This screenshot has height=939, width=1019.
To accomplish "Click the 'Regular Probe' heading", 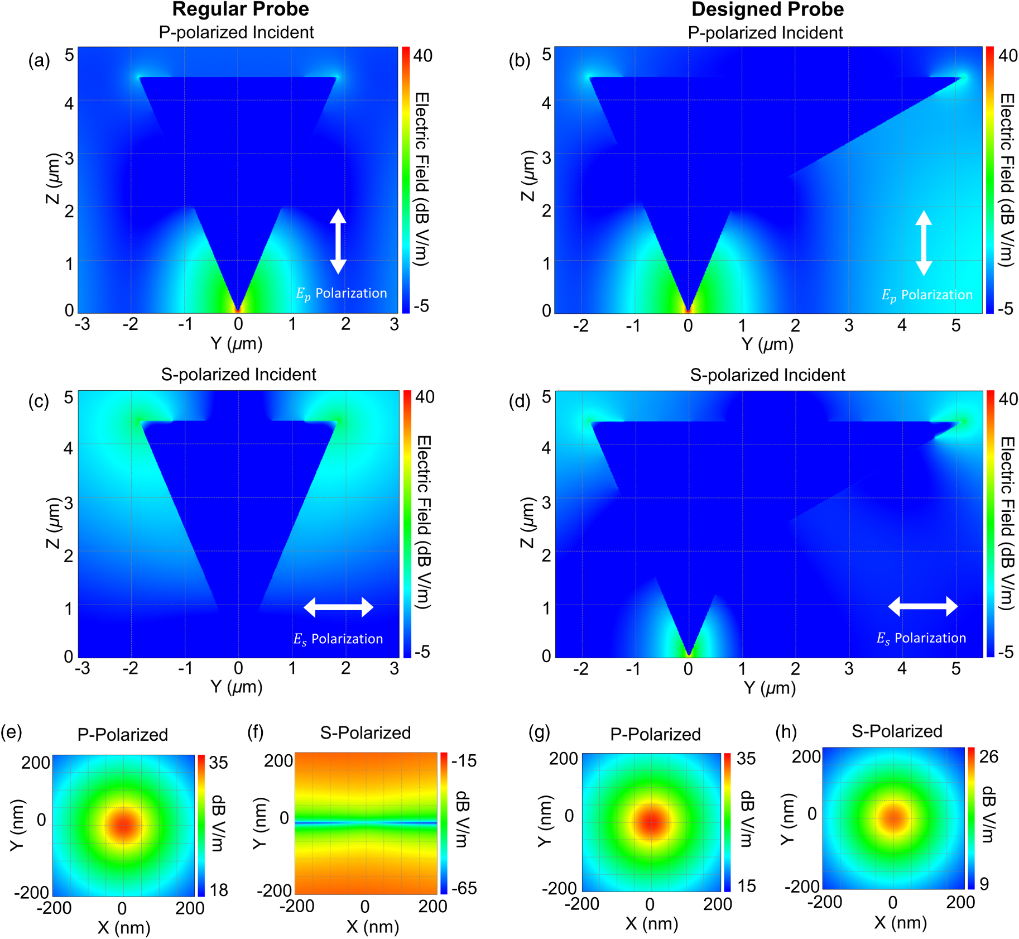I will pos(240,9).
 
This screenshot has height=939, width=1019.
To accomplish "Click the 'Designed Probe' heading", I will pos(767,9).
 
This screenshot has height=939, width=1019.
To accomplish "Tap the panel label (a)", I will pos(39,60).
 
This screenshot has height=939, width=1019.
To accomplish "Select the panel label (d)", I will pos(520,401).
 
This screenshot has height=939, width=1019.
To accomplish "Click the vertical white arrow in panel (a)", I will pos(338,241).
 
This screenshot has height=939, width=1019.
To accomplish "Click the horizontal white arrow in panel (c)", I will pos(338,607).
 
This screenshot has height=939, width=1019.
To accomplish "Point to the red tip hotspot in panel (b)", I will pos(688,308).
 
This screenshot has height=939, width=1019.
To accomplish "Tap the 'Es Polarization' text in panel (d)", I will pos(921,638).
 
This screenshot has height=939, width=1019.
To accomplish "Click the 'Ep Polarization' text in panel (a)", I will pos(341,294).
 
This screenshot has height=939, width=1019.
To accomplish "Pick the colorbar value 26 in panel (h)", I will pos(988,756).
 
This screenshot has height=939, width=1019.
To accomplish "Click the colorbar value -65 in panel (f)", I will pos(464,888).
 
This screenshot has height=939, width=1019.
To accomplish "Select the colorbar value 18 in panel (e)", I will pos(219,890).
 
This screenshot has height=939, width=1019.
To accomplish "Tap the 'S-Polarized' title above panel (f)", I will pos(366,732).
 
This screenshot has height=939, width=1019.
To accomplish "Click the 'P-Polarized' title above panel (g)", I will pos(655,734).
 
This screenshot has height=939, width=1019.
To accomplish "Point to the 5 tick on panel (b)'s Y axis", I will pos(955,325).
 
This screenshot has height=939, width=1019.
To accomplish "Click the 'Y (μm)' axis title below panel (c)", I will pos(237,686).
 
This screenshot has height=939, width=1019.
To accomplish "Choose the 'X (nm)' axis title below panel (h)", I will pos(900,923).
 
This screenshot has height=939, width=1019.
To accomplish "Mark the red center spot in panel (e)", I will pos(123,825).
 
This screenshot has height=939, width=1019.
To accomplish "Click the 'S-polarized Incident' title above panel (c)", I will pos(238,374).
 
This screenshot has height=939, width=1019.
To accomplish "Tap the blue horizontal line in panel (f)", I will pos(366,823).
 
